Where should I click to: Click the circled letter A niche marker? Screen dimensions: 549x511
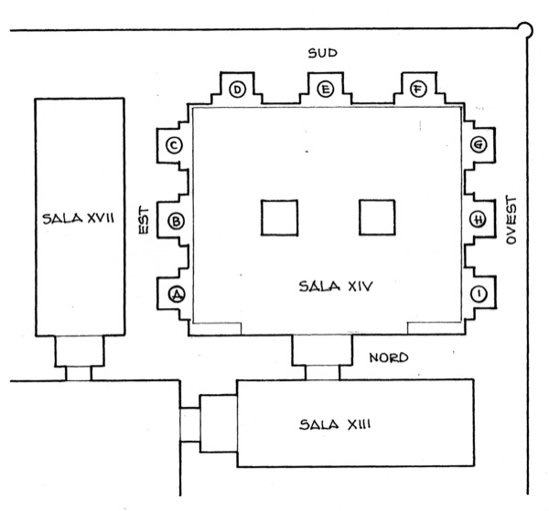coord(177,294)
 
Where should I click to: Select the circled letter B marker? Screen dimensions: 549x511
coord(176,221)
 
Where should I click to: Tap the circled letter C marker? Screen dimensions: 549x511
coord(174,145)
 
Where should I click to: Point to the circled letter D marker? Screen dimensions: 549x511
coord(237,90)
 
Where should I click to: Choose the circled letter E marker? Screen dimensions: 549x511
coord(325,90)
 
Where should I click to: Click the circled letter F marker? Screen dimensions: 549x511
coord(418,89)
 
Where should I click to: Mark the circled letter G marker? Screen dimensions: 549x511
coord(479,144)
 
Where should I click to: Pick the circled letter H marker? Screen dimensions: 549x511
coord(478,219)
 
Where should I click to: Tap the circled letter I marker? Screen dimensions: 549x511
coord(479,293)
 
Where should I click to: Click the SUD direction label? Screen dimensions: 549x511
coord(322,53)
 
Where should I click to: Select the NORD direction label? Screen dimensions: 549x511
coord(389,357)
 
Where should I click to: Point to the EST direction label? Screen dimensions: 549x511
coord(144,220)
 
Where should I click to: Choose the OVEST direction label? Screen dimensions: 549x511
coord(511,220)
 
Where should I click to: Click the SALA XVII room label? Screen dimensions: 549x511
coord(78,218)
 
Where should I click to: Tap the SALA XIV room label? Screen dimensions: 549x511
coord(336,286)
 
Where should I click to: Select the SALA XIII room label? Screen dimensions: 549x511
coord(335,424)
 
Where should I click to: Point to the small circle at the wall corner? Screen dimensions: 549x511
coord(524,30)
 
